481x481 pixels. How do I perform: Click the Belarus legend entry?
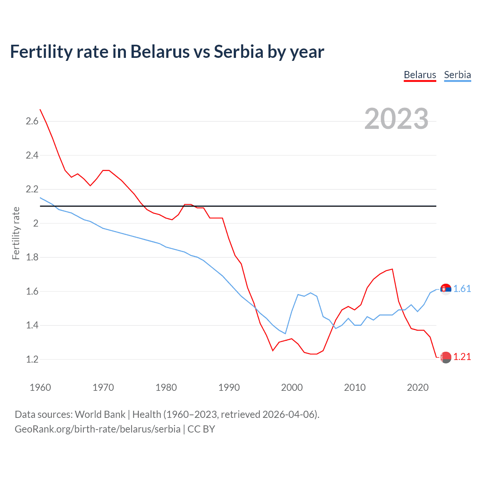[x=420, y=75]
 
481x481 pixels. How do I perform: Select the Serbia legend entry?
[x=457, y=75]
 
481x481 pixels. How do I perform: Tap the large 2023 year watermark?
[x=396, y=119]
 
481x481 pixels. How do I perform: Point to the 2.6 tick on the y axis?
[x=32, y=121]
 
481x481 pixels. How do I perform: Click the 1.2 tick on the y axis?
[x=32, y=359]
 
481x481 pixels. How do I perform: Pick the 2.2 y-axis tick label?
[x=32, y=189]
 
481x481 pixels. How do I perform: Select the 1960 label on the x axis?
[x=40, y=387]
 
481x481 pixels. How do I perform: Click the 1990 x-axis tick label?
[x=229, y=387]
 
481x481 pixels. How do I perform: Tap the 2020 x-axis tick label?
[x=417, y=387]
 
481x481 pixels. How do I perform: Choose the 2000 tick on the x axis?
[x=292, y=387]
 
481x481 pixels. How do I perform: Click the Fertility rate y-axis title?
[x=16, y=233]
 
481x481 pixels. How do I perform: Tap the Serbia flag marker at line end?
[x=446, y=289]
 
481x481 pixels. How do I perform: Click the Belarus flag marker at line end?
[x=446, y=357]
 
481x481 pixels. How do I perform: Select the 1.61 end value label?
[x=462, y=289]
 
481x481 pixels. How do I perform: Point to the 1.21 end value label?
[x=462, y=357]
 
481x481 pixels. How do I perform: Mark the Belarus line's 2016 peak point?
[x=392, y=269]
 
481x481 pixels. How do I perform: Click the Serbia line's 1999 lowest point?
[x=286, y=333]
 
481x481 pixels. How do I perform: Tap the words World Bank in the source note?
[x=100, y=414]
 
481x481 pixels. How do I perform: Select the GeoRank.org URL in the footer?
[x=97, y=429]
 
